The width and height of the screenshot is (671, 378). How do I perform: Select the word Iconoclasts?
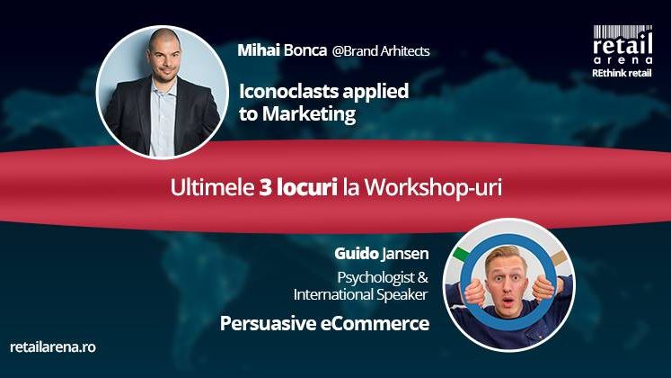point(281,92)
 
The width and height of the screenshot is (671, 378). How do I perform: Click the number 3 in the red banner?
point(265,189)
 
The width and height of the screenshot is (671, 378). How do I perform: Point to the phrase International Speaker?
point(359,294)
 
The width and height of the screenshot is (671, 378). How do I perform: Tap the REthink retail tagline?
point(621,72)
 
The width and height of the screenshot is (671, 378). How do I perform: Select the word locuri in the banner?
point(307,189)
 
